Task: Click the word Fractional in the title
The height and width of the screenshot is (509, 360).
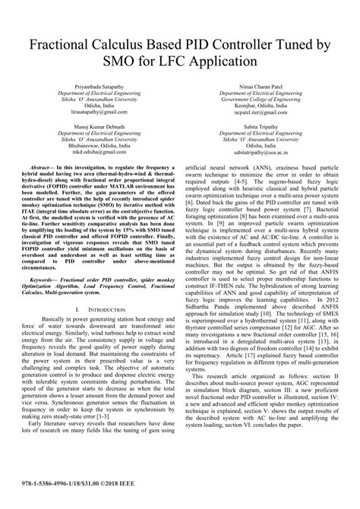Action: point(64,47)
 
